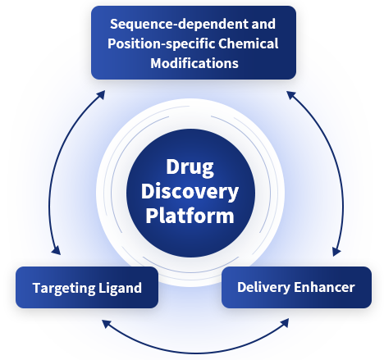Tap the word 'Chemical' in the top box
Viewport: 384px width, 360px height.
pos(249,43)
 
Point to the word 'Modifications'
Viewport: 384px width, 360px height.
pos(194,63)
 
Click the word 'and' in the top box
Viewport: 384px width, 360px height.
pos(263,24)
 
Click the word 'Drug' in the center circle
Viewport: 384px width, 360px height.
pos(190,167)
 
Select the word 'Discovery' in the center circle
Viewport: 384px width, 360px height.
pos(190,192)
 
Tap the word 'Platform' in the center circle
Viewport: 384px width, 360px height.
pos(190,216)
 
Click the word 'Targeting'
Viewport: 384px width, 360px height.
pos(64,289)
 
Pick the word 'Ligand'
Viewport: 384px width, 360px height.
pos(120,288)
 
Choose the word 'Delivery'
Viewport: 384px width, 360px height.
pos(263,288)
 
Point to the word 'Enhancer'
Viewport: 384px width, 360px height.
pos(324,287)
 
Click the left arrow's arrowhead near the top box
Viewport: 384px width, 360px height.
pos(101,94)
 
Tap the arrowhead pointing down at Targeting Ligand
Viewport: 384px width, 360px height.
pos(57,250)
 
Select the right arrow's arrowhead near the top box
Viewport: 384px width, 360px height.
pos(290,95)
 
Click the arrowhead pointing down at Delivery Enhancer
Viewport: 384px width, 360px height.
pos(336,251)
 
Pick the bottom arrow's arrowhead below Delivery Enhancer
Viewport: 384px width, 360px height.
pos(285,322)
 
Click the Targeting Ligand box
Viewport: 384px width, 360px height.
pos(87,288)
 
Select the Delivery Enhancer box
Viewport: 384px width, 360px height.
pos(296,287)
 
